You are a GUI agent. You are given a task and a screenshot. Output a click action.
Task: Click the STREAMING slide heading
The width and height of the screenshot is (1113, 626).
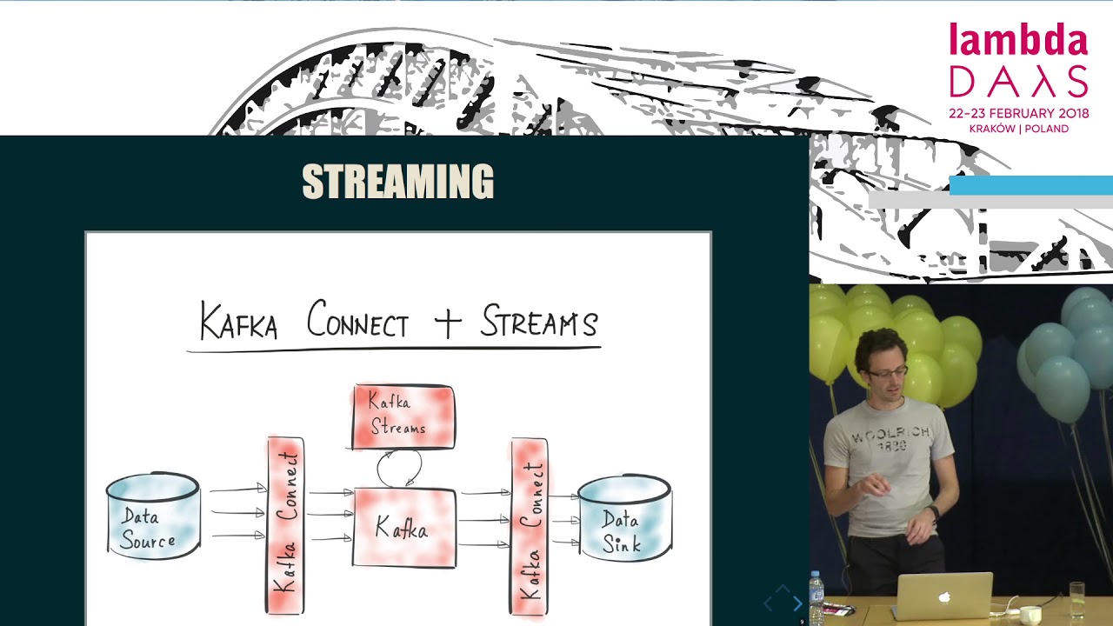coord(397,183)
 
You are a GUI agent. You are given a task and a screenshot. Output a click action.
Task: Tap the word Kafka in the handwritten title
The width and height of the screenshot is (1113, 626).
coord(238,322)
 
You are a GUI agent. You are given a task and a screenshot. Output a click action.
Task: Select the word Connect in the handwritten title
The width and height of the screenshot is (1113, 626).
coord(357,322)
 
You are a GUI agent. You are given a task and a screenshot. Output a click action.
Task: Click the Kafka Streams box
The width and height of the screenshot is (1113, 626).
coord(403,416)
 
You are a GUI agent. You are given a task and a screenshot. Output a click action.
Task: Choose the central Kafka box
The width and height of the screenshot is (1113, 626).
coord(403,528)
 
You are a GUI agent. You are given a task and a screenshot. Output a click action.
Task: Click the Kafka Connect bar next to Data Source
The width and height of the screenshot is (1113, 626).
coord(285,526)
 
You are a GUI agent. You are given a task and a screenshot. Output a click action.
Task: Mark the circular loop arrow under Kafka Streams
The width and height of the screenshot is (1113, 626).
coord(399,469)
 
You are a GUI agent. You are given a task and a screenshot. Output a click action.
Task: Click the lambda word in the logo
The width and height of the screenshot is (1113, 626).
coord(1018,41)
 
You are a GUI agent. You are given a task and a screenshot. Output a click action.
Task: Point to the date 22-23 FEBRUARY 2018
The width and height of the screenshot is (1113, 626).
coord(1018,113)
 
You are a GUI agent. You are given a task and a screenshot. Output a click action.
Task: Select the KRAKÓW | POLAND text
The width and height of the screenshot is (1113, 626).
coord(1018,129)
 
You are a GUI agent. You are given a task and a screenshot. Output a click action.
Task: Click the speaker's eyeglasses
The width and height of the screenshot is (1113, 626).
coord(886,372)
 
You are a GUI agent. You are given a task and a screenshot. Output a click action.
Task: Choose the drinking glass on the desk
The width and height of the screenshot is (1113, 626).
coord(1077,599)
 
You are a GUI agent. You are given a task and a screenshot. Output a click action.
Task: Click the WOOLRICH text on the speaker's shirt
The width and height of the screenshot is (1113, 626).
coord(891,434)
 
